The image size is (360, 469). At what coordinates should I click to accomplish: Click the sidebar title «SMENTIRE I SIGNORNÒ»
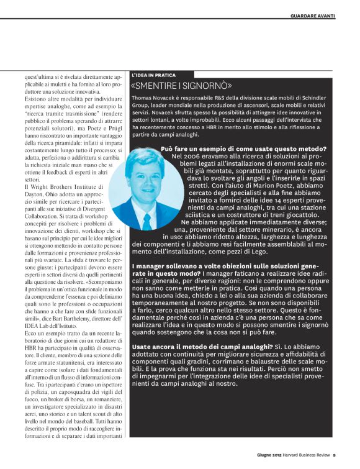pos(182,86)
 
